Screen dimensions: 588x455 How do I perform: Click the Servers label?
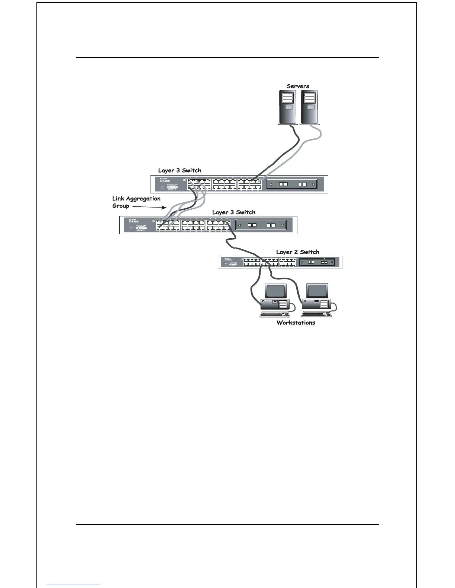tap(298, 86)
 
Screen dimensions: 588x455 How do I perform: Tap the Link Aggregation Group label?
tap(136, 202)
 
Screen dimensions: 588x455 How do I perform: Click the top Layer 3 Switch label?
tap(180, 170)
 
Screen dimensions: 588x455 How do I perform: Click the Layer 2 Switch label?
tap(297, 252)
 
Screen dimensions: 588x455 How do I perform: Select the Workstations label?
tap(296, 323)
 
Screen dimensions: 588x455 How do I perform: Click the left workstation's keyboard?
tap(274, 314)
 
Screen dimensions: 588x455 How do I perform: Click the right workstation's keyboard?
tap(316, 314)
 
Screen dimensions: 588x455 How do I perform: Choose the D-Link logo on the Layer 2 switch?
tap(228, 259)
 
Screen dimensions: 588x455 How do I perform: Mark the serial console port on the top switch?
tap(172, 188)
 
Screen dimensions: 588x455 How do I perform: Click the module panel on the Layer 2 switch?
tap(317, 262)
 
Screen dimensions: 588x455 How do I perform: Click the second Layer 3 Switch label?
tap(233, 212)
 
